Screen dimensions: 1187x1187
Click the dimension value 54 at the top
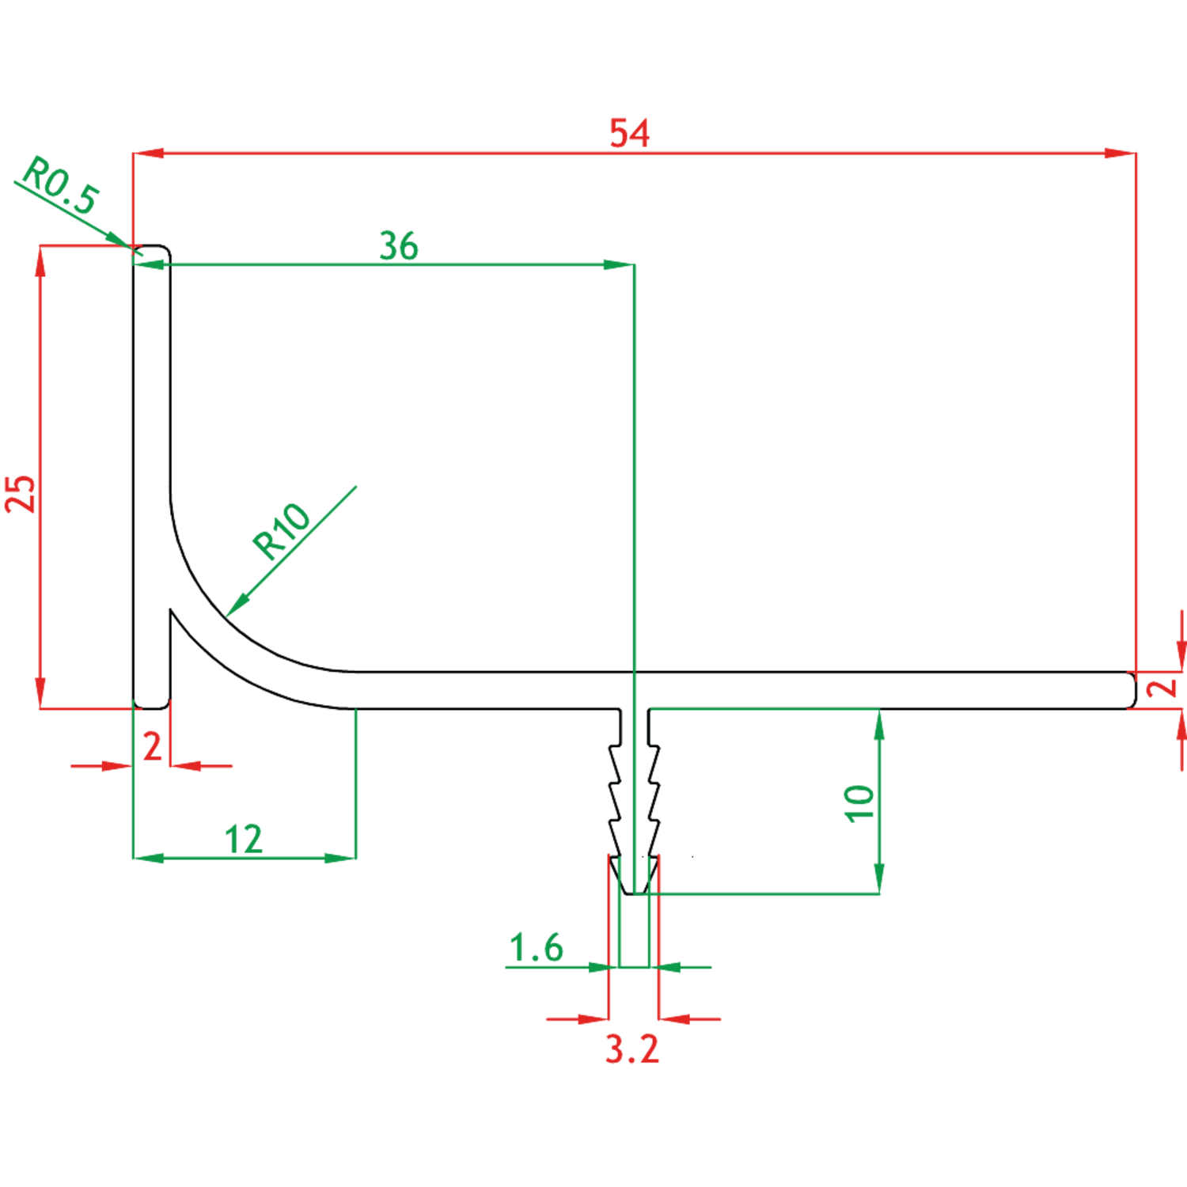(x=629, y=133)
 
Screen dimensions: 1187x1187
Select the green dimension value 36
(x=399, y=245)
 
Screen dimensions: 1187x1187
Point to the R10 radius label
(x=281, y=531)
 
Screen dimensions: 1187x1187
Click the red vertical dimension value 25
(x=21, y=495)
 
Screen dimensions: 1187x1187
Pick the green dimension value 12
(x=243, y=840)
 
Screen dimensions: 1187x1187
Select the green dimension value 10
(x=859, y=804)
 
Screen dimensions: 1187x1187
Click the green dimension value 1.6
(x=536, y=948)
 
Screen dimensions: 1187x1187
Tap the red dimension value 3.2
(x=632, y=1049)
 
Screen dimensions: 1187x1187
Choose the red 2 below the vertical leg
(x=152, y=746)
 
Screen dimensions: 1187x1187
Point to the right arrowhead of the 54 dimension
(x=1121, y=153)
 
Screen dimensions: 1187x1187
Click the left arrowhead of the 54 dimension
(x=149, y=153)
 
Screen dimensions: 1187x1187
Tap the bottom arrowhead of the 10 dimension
(x=879, y=878)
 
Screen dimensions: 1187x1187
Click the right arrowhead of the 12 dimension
(x=340, y=857)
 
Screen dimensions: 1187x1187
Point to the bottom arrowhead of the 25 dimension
(x=40, y=693)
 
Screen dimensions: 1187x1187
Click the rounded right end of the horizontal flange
(x=1132, y=690)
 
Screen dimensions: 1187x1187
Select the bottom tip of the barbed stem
(x=633, y=893)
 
